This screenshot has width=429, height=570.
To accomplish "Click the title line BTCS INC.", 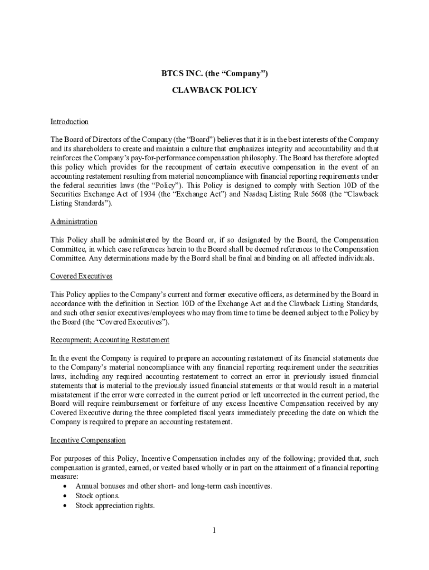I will pyautogui.click(x=214, y=73).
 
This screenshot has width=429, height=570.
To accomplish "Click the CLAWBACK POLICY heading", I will pyautogui.click(x=214, y=90).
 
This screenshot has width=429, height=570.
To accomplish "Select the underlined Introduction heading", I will pyautogui.click(x=70, y=122).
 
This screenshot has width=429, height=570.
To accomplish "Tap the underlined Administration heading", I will pyautogui.click(x=74, y=222).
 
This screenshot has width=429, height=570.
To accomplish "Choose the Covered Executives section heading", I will pyautogui.click(x=81, y=276).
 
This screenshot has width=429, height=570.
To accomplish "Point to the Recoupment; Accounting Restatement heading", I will pyautogui.click(x=110, y=340).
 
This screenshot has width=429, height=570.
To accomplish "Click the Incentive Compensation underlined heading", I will pyautogui.click(x=88, y=440).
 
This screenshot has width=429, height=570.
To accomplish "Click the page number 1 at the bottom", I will pyautogui.click(x=213, y=530).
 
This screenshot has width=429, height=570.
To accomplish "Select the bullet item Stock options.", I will pyautogui.click(x=97, y=496).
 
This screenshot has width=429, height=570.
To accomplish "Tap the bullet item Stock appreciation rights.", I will pyautogui.click(x=115, y=506).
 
